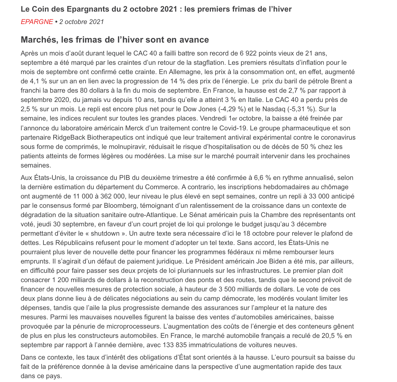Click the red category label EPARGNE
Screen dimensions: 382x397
point(37,22)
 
